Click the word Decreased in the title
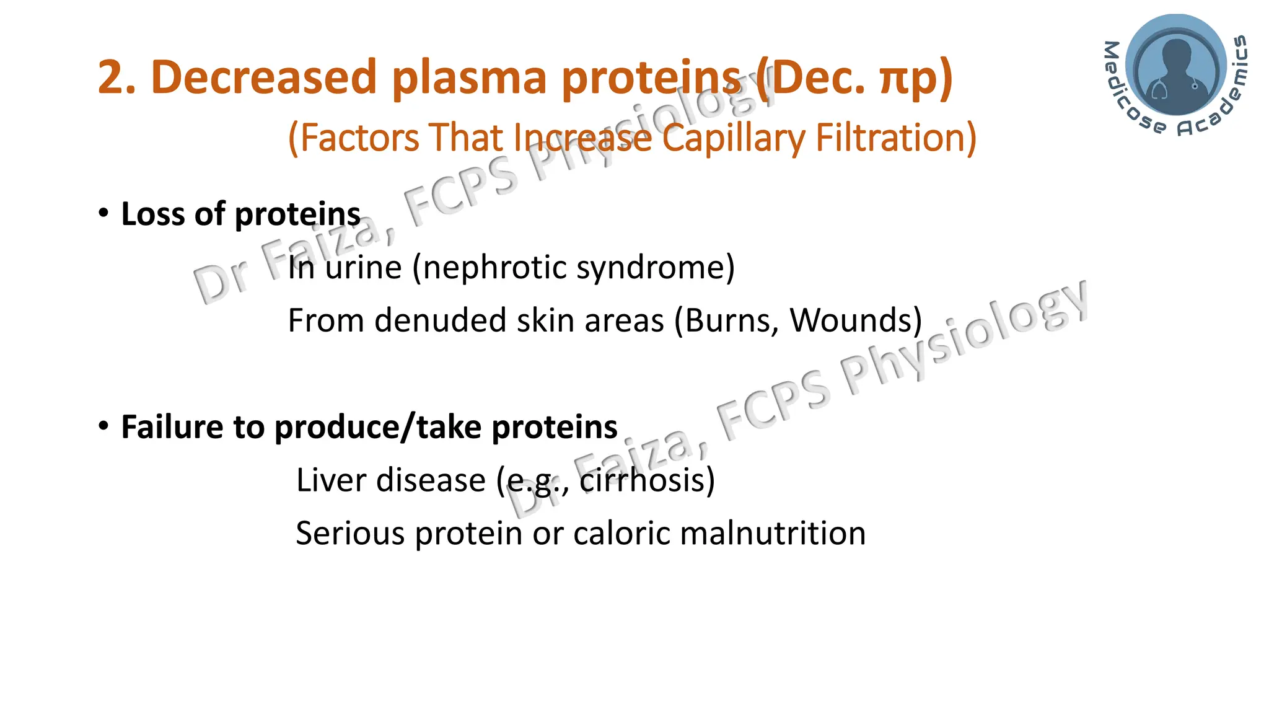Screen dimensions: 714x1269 click(x=264, y=78)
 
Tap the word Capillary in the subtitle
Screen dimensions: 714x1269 click(x=732, y=138)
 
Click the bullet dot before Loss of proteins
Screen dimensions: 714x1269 click(x=103, y=213)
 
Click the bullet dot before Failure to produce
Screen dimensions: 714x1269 click(x=103, y=426)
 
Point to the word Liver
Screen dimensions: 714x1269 click(x=328, y=480)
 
